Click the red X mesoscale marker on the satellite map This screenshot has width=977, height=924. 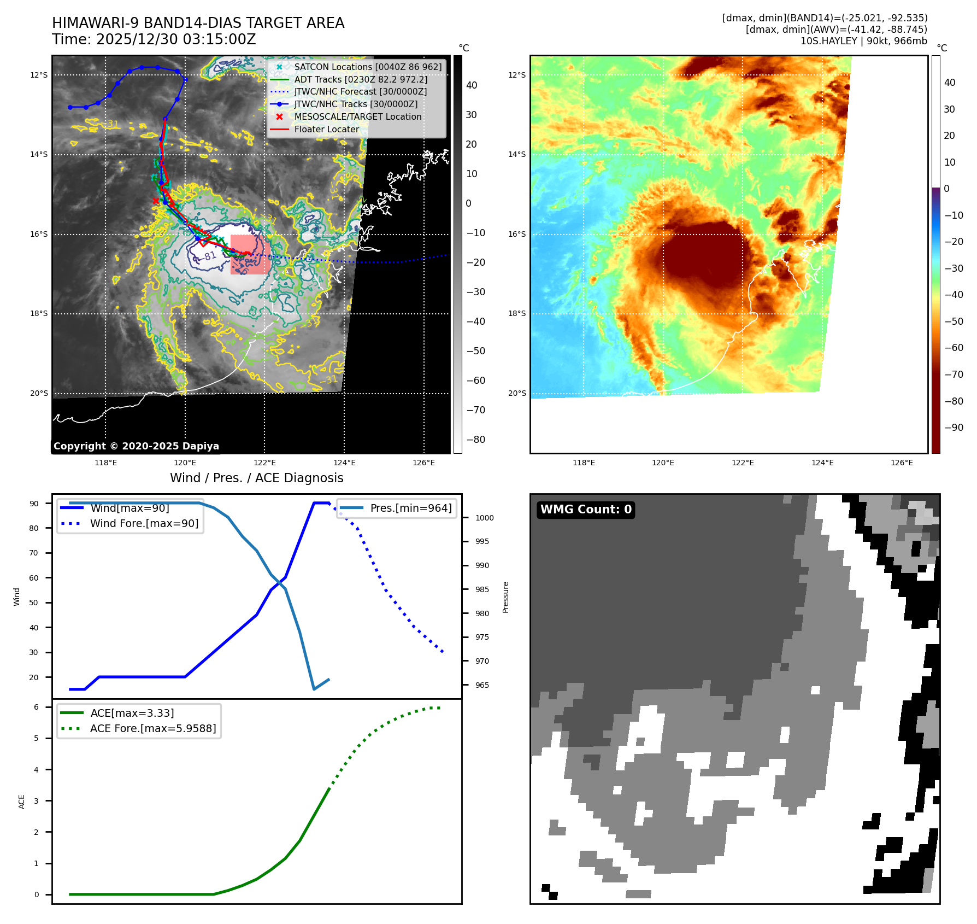click(x=156, y=201)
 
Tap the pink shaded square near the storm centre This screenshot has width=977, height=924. click(x=250, y=254)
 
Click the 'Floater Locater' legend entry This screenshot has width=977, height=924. click(x=326, y=130)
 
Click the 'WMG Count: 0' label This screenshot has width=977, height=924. click(x=586, y=510)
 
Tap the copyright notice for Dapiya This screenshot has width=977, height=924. click(x=136, y=446)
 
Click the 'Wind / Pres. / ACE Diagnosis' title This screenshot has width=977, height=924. click(x=257, y=478)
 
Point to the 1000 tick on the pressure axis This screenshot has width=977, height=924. click(x=484, y=518)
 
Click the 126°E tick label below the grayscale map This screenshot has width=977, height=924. click(x=424, y=463)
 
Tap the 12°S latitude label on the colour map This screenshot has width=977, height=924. click(x=517, y=75)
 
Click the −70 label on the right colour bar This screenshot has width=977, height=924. click(x=954, y=375)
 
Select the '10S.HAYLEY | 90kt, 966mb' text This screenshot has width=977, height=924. click(x=863, y=41)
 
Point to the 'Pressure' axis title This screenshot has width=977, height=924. click(x=506, y=597)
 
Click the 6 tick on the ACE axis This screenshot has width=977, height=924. click(x=37, y=707)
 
